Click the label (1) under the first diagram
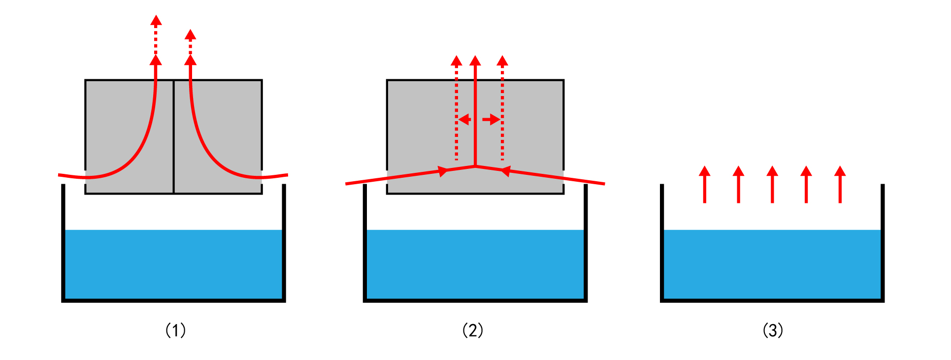pyautogui.click(x=175, y=330)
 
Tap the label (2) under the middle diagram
pyautogui.click(x=473, y=330)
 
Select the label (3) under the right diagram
pyautogui.click(x=773, y=330)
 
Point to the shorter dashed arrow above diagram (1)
pyautogui.click(x=191, y=42)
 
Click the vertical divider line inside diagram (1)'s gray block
pyautogui.click(x=174, y=136)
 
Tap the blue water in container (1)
pyautogui.click(x=174, y=264)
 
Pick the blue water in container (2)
pyautogui.click(x=475, y=264)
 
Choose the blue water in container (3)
pyautogui.click(x=772, y=264)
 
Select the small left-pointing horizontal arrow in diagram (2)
pyautogui.click(x=464, y=120)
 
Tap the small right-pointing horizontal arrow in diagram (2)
pyautogui.click(x=491, y=120)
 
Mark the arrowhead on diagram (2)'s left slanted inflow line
pyautogui.click(x=443, y=171)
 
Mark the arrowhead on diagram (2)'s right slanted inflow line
pyautogui.click(x=505, y=171)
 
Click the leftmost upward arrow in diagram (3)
pyautogui.click(x=705, y=184)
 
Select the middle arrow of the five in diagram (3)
pyautogui.click(x=772, y=184)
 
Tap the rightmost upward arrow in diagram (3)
pyautogui.click(x=840, y=184)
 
